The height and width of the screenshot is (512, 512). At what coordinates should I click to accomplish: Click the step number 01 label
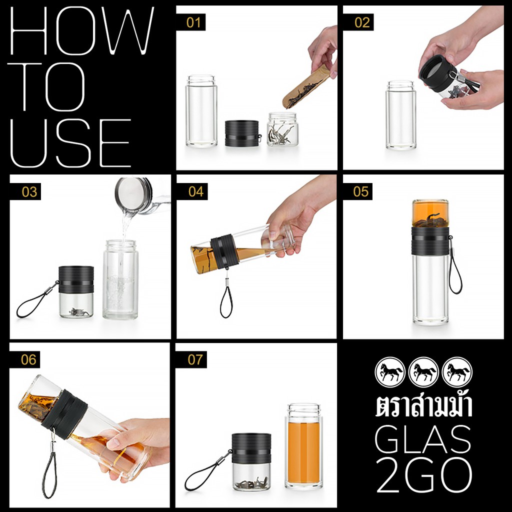(193, 22)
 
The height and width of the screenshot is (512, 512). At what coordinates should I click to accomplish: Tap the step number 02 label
(362, 22)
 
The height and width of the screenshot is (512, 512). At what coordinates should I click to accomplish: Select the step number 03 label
(29, 191)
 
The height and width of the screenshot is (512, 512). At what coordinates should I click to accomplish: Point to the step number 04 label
(196, 191)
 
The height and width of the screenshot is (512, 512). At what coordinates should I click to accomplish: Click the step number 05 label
(361, 191)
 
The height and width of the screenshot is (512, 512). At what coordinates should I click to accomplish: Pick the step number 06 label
(28, 359)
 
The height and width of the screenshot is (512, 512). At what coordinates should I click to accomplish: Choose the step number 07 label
(195, 359)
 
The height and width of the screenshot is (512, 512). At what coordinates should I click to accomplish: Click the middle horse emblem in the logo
(424, 372)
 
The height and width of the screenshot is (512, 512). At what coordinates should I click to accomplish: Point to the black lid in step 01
(242, 133)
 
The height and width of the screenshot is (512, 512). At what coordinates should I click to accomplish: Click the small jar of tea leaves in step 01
(282, 129)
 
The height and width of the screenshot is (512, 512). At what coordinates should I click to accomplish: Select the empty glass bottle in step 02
(401, 115)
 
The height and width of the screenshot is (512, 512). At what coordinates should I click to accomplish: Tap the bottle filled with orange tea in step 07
(303, 446)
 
